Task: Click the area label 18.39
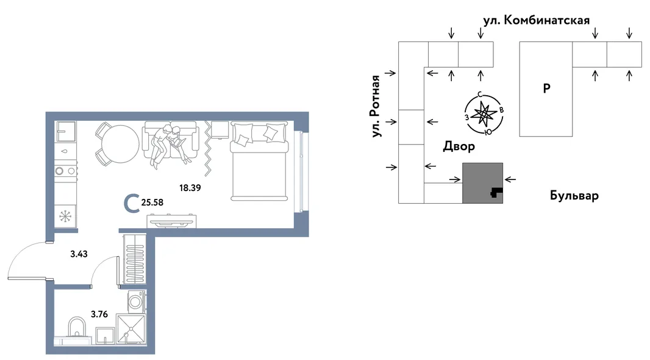click(190, 188)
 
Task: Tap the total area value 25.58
click(152, 203)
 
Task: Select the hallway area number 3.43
click(79, 254)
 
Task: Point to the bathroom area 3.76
click(99, 314)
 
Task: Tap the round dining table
click(120, 144)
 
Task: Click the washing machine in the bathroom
click(137, 301)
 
